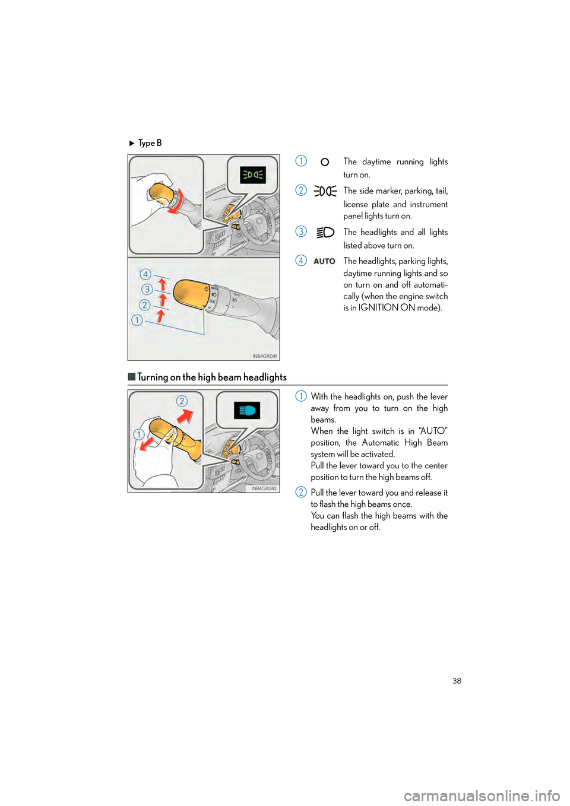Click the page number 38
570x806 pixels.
(457, 681)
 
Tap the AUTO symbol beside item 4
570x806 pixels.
(324, 261)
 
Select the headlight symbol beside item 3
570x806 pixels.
(325, 233)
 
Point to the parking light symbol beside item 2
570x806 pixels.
(325, 191)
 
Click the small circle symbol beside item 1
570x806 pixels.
(325, 162)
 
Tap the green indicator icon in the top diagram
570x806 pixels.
(253, 174)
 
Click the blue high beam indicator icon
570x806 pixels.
(247, 410)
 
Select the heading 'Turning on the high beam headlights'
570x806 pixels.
(212, 377)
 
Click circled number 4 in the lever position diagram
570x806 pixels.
(145, 274)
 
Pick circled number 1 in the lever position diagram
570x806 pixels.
(137, 320)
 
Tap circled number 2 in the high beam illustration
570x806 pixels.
(182, 401)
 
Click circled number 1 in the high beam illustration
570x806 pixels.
(138, 434)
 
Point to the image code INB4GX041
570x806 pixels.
(264, 356)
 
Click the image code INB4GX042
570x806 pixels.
(264, 488)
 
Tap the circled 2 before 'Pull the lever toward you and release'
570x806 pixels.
(301, 492)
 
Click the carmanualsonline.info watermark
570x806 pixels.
(482, 795)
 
